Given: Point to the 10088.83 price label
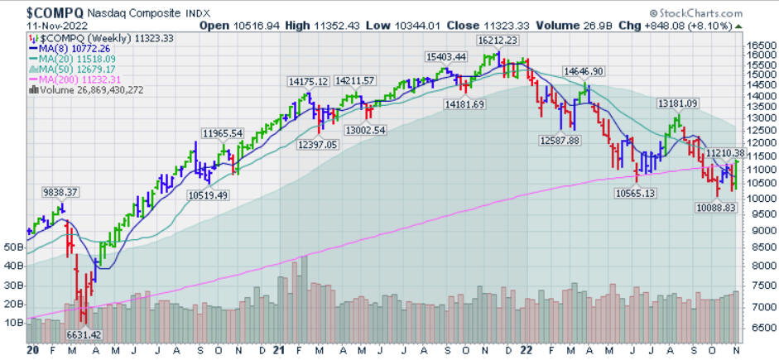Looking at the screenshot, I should pos(714,208).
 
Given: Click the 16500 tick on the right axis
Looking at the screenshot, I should pos(758,46).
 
